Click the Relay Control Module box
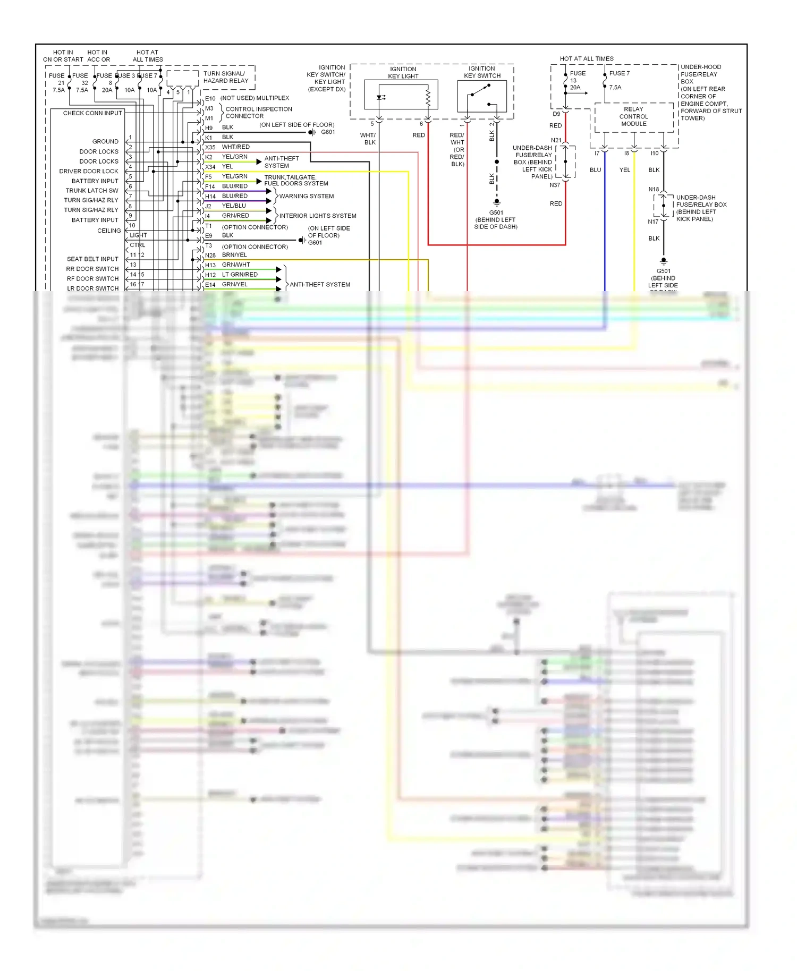point(633,117)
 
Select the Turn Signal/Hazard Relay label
point(225,77)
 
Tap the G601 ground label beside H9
point(328,132)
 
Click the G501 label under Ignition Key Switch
point(496,212)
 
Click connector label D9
point(556,114)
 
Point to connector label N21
point(556,140)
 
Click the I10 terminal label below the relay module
point(655,154)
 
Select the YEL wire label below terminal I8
point(625,170)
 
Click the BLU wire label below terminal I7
point(595,170)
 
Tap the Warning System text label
point(307,196)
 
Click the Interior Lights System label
point(318,216)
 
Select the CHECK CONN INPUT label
point(92,113)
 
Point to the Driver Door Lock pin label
point(89,171)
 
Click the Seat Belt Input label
point(92,259)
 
